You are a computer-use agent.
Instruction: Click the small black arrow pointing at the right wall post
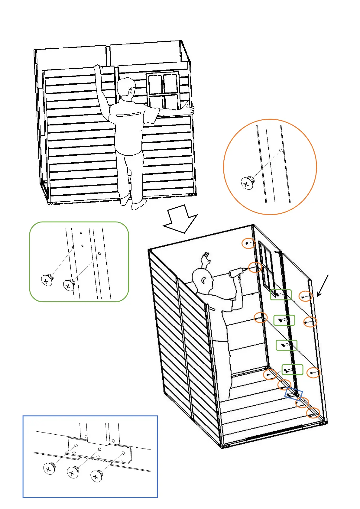pyautogui.click(x=322, y=286)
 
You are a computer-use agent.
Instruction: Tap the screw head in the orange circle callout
pyautogui.click(x=248, y=183)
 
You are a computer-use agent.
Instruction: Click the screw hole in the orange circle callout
pyautogui.click(x=281, y=151)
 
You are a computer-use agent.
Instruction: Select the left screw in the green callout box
pyautogui.click(x=47, y=280)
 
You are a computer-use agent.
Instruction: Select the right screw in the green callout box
pyautogui.click(x=69, y=285)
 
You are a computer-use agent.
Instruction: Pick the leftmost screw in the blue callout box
pyautogui.click(x=49, y=468)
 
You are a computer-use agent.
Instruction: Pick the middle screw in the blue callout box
pyautogui.click(x=73, y=472)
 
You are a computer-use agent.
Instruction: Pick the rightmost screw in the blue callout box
pyautogui.click(x=96, y=476)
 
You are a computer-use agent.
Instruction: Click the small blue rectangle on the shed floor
pyautogui.click(x=293, y=394)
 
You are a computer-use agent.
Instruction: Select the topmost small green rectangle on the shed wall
pyautogui.click(x=281, y=295)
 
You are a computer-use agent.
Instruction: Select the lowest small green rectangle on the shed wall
pyautogui.click(x=292, y=369)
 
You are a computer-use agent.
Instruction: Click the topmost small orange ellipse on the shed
pyautogui.click(x=248, y=243)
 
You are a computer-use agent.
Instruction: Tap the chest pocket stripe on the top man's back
pyautogui.click(x=129, y=115)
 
